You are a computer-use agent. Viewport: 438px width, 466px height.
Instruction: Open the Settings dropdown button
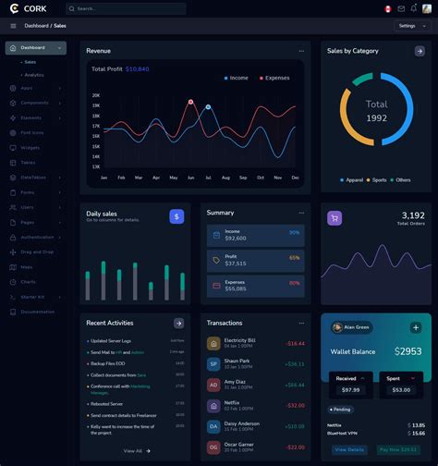410,26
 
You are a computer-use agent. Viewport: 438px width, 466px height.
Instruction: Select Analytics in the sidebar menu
34,75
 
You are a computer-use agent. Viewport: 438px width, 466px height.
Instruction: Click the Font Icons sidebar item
33,132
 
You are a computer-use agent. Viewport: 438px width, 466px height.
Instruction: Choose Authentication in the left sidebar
37,238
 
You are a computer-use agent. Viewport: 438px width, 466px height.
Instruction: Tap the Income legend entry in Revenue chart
236,79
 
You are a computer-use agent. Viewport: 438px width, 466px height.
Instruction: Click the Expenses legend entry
274,79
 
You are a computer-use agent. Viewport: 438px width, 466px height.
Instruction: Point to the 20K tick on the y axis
96,95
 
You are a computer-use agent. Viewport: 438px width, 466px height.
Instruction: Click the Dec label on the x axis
295,177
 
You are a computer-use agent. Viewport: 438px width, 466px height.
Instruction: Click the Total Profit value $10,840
138,69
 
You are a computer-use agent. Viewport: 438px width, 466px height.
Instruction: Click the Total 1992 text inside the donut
376,110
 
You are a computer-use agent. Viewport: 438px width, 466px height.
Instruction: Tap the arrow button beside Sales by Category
420,52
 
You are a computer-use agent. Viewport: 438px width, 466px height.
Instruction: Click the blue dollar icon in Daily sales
176,216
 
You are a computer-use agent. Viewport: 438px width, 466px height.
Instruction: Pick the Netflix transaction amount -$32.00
295,405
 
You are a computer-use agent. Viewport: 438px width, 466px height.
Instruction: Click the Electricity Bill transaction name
239,340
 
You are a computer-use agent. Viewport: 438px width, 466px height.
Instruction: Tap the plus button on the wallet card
416,327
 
